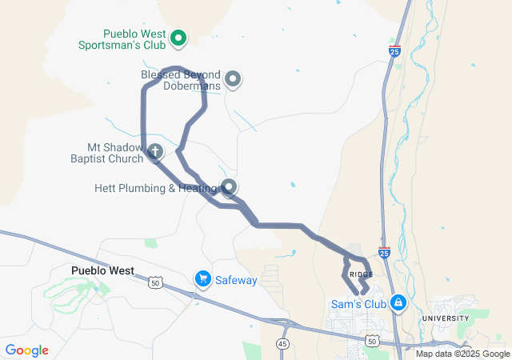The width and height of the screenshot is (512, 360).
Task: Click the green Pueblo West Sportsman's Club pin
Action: coord(179,37)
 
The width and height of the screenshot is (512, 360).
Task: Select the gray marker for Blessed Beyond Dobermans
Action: coord(233,78)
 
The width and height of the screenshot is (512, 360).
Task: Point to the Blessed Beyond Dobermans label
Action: coord(180,79)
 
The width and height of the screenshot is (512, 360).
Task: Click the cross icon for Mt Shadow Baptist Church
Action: coord(155,151)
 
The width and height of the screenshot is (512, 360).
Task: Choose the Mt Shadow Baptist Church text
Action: coord(115,153)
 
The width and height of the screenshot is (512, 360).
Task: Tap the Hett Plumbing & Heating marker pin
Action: coord(230,188)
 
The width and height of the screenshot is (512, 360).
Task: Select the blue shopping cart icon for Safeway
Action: coord(202,279)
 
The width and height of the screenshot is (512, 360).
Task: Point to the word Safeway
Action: coord(236,280)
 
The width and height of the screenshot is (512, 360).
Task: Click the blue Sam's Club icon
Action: coord(398,303)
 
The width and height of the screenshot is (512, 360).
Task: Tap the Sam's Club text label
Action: coord(358,304)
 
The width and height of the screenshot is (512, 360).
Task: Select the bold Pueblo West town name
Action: coord(102,270)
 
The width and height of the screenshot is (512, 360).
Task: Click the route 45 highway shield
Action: coord(282,343)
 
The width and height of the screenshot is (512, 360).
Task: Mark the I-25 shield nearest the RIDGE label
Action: coord(384,252)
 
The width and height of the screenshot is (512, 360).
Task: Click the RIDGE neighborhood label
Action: coord(361,274)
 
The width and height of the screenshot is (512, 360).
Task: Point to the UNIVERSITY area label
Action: coord(446,318)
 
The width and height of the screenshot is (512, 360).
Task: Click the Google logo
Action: coord(26,350)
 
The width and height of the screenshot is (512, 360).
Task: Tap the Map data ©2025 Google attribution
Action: coord(462,354)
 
